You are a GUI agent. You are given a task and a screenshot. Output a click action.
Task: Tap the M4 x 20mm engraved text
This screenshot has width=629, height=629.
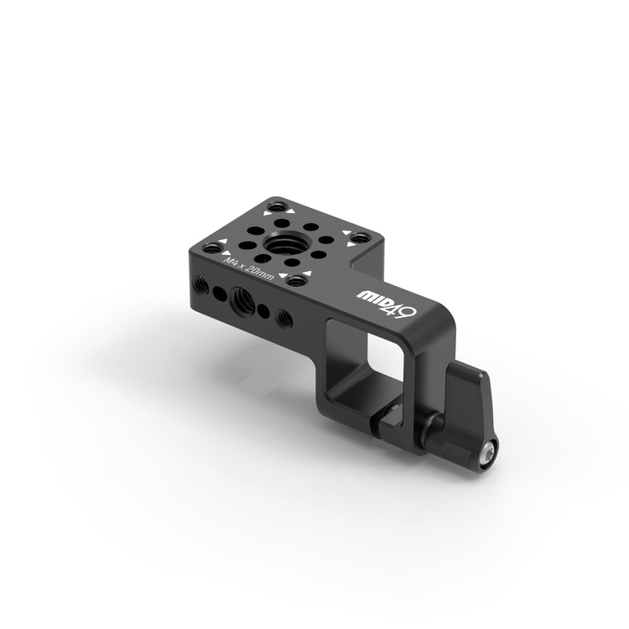249,270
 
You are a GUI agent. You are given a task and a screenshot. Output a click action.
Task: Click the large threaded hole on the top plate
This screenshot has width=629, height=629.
282,242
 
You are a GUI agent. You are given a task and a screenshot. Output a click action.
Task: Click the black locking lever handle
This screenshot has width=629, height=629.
472,405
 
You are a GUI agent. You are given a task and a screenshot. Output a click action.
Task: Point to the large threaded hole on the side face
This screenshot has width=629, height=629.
243,299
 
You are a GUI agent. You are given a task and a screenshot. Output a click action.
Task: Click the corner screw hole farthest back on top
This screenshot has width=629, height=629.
278,208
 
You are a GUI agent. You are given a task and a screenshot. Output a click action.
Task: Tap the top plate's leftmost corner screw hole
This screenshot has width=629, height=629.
213,248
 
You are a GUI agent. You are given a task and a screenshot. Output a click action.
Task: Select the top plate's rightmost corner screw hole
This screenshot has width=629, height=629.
361,238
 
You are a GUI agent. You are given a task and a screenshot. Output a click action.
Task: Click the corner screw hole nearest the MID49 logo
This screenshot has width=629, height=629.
296,281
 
